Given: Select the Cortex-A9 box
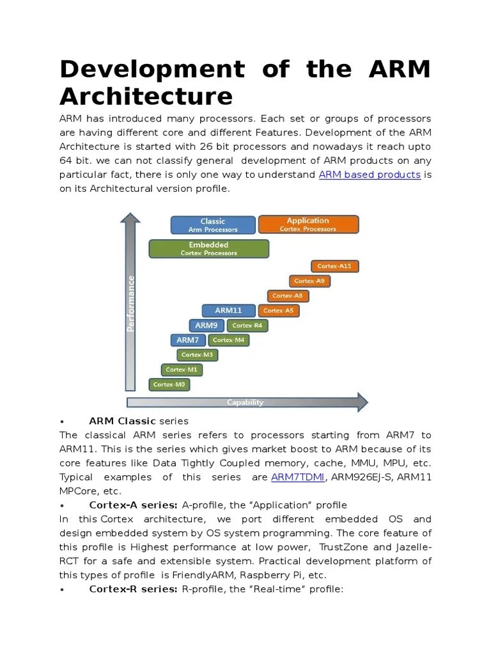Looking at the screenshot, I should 309,281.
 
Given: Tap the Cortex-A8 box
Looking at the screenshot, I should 288,296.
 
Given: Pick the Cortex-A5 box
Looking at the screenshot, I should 277,310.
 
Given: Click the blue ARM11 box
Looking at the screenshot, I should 228,310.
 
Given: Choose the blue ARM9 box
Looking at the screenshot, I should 206,325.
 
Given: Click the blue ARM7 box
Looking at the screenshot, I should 187,340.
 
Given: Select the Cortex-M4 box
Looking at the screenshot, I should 228,340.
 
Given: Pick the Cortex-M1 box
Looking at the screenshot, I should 181,369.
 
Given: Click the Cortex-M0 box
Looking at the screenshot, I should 169,384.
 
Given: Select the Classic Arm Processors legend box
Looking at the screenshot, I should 213,225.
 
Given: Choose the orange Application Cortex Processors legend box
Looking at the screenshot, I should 308,225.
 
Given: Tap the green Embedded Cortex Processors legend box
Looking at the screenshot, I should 208,248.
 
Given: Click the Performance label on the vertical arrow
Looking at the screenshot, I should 130,303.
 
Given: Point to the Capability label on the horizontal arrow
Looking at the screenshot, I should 245,402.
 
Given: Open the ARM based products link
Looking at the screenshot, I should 370,175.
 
